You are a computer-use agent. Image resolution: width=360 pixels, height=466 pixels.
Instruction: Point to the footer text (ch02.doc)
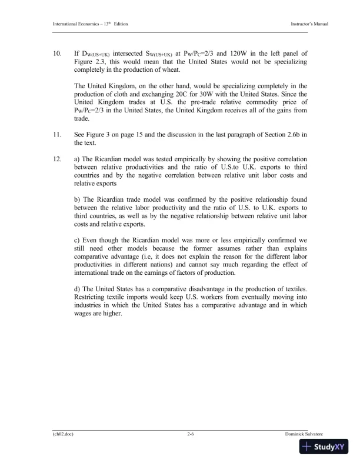(x=63, y=433)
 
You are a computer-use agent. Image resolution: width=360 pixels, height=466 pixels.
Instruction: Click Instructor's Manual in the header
(x=309, y=23)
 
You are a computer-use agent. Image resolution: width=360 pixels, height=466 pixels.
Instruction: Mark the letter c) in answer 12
(x=77, y=239)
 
